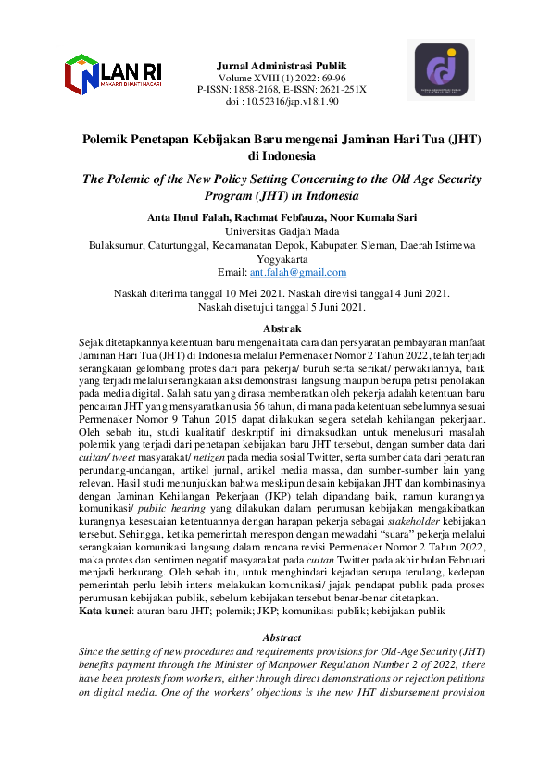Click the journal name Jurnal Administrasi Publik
(x=282, y=67)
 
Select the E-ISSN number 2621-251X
(x=337, y=90)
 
